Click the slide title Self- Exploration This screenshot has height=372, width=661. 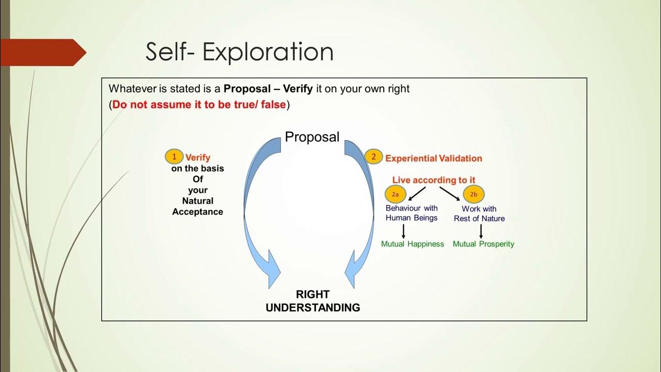point(239,52)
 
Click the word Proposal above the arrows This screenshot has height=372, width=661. point(312,137)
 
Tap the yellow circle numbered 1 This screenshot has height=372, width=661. point(174,157)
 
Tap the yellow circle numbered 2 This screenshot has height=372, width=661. point(373,157)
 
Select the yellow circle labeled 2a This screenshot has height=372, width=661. point(395,194)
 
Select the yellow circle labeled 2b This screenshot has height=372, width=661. point(474,194)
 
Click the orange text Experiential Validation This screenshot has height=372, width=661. point(433,158)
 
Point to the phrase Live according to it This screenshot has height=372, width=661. point(434,180)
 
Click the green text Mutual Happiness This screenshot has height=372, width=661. point(412,244)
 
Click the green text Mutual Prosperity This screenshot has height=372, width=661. point(483,244)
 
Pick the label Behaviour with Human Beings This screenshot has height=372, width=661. point(412,213)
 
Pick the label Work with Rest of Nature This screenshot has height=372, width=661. point(479,213)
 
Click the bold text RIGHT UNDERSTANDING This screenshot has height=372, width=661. point(312,301)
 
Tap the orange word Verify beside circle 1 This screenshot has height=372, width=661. point(198,158)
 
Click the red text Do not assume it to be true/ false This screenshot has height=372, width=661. point(199,104)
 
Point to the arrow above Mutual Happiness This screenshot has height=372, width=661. point(403,231)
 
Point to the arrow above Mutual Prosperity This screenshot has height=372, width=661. point(481,231)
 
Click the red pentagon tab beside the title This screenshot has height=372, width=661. point(41,52)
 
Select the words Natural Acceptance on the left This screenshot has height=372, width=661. point(197,206)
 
